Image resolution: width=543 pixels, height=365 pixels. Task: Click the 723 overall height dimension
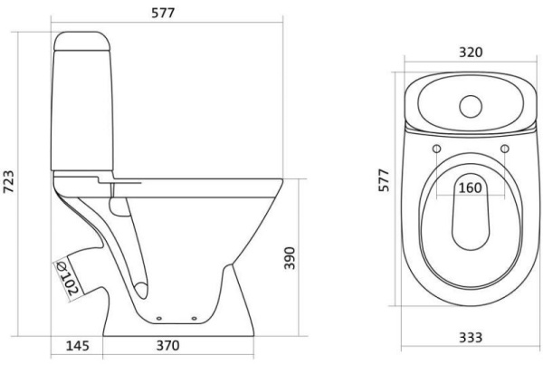coord(9,182)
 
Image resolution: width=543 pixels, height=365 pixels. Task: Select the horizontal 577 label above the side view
coord(163,13)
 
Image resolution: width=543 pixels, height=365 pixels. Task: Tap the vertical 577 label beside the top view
coord(384,180)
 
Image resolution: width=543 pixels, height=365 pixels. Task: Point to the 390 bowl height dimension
coord(290,258)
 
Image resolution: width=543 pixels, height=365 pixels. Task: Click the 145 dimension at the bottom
coord(77,346)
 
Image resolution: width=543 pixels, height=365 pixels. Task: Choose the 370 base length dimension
coord(168,346)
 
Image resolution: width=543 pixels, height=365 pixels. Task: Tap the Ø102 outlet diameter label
coord(68,278)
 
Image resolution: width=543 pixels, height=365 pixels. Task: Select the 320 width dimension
coord(471,53)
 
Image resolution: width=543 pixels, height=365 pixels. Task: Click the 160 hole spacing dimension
coord(471,187)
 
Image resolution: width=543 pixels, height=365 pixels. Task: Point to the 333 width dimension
coord(471,337)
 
